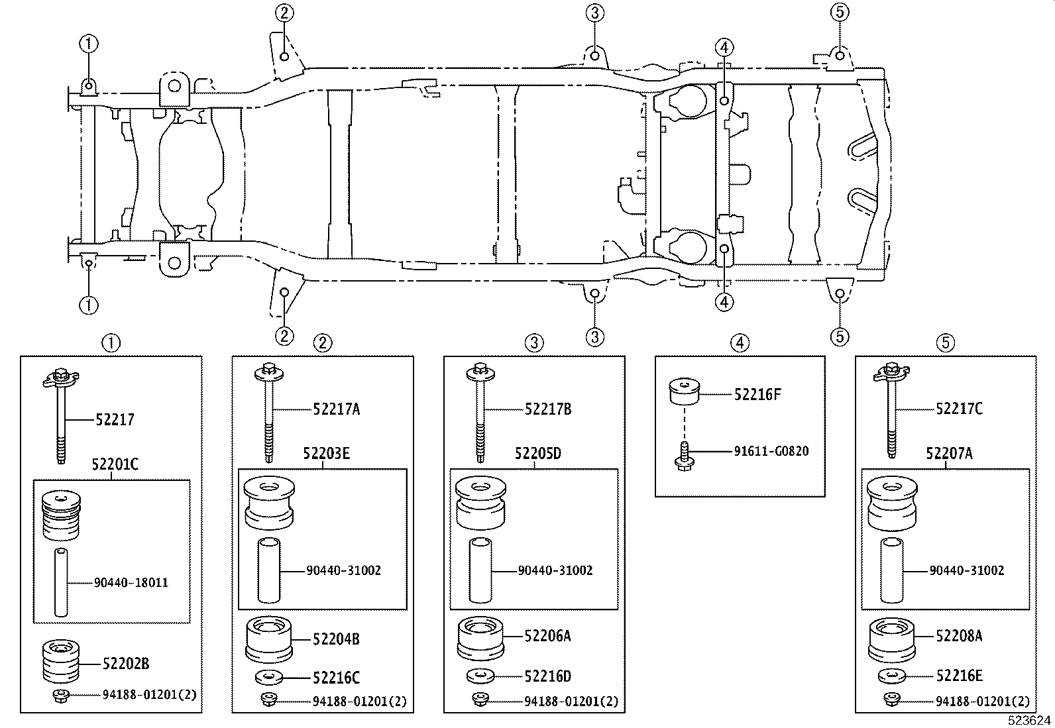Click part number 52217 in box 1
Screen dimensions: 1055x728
pyautogui.click(x=115, y=419)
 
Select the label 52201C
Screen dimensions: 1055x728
pyautogui.click(x=115, y=464)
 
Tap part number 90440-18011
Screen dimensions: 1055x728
pyautogui.click(x=131, y=582)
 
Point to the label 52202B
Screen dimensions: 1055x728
pyautogui.click(x=126, y=664)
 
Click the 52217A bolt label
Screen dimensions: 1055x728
pyautogui.click(x=336, y=409)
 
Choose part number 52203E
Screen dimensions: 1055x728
pyautogui.click(x=326, y=454)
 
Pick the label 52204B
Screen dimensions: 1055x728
pyautogui.click(x=336, y=639)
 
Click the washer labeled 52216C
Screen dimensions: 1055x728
pyautogui.click(x=269, y=678)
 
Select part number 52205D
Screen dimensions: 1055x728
pyautogui.click(x=538, y=454)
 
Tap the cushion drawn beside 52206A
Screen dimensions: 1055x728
pyautogui.click(x=480, y=638)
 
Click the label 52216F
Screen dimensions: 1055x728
pyautogui.click(x=757, y=394)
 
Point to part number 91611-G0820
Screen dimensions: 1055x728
pyautogui.click(x=771, y=451)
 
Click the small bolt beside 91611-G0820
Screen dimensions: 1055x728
pyautogui.click(x=685, y=456)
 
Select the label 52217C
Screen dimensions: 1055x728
pyautogui.click(x=959, y=408)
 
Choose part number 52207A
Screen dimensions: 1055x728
pyautogui.click(x=949, y=453)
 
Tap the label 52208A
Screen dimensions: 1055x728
pyautogui.click(x=959, y=636)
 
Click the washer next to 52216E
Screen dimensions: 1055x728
pyautogui.click(x=892, y=677)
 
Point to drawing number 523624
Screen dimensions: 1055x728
pyautogui.click(x=1029, y=721)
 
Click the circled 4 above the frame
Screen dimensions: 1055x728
pyautogui.click(x=724, y=47)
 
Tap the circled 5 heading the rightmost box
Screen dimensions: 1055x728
pyautogui.click(x=946, y=343)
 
